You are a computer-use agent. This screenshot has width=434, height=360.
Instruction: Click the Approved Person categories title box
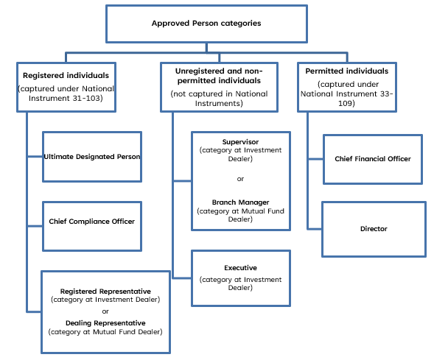(x=206, y=24)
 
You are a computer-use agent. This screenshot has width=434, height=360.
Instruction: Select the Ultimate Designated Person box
(x=91, y=157)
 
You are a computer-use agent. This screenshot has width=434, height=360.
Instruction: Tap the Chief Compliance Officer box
(x=91, y=221)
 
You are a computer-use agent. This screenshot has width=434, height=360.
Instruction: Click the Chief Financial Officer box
(x=372, y=159)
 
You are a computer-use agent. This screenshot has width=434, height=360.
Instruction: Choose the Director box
(x=374, y=229)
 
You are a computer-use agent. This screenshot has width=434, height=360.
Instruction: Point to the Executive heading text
(x=240, y=268)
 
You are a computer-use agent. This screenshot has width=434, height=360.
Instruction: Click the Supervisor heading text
(x=240, y=141)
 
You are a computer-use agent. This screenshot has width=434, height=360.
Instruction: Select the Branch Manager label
(x=240, y=201)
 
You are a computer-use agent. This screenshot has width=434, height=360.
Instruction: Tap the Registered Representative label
(x=105, y=292)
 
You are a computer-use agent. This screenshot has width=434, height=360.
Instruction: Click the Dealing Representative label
(x=105, y=322)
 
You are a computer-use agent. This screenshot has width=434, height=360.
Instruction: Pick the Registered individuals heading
(x=66, y=75)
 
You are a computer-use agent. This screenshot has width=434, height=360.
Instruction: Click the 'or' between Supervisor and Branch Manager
(x=240, y=178)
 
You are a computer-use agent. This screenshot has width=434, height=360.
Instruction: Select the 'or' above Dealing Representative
(x=105, y=311)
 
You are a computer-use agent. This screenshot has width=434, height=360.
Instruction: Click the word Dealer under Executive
(x=240, y=288)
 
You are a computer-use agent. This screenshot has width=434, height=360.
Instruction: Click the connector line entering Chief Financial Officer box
(x=315, y=159)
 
